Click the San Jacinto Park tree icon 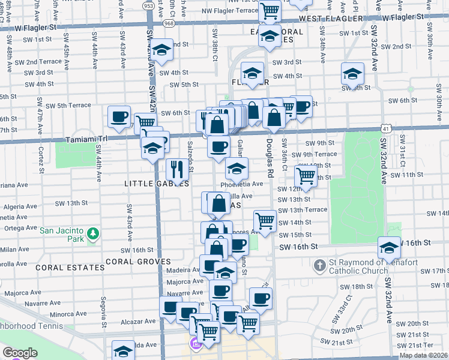click(92, 233)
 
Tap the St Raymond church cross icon click(321, 264)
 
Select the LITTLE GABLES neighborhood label click(157, 183)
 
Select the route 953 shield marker click(148, 5)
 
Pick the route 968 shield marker click(169, 23)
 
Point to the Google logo click(19, 353)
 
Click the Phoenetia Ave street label click(242, 184)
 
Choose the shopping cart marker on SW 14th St click(265, 220)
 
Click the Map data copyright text click(423, 355)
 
